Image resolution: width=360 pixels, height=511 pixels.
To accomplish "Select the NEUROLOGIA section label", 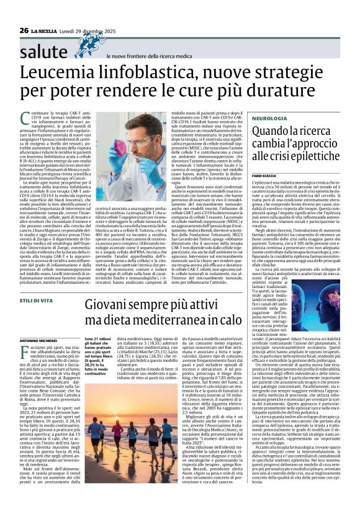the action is click(252, 117).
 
